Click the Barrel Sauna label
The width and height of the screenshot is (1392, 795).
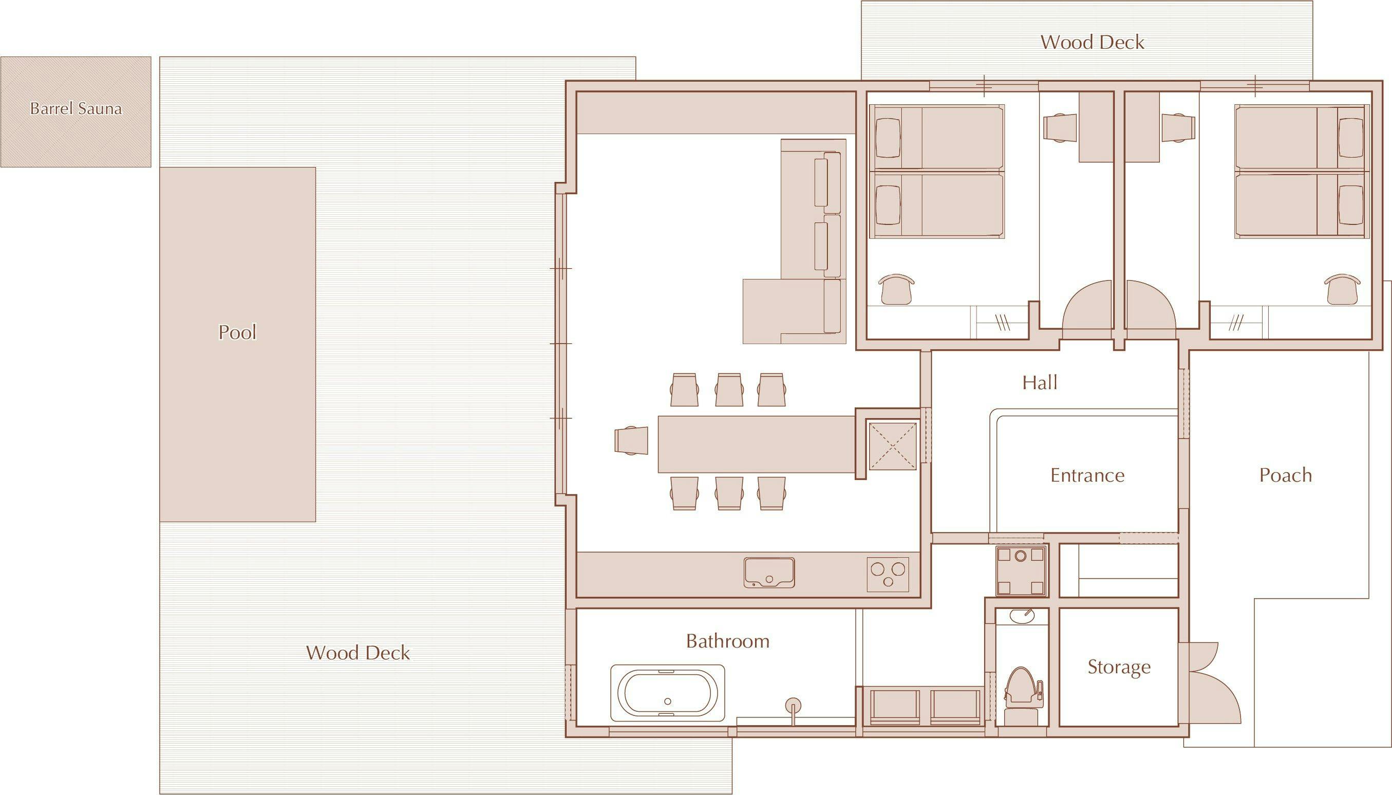(x=76, y=108)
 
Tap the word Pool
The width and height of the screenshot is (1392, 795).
(x=237, y=332)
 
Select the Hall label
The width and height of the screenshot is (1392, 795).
(x=1040, y=383)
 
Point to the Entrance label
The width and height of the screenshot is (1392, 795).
(x=1087, y=475)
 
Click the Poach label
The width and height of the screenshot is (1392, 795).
(x=1286, y=475)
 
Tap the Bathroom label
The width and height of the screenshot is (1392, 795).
(x=728, y=640)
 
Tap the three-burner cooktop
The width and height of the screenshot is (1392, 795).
(x=1051, y=574)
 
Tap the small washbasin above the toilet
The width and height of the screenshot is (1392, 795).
(x=1021, y=616)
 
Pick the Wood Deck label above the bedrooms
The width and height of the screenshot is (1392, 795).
(x=1092, y=42)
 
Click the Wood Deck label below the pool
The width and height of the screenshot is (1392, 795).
(x=358, y=653)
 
